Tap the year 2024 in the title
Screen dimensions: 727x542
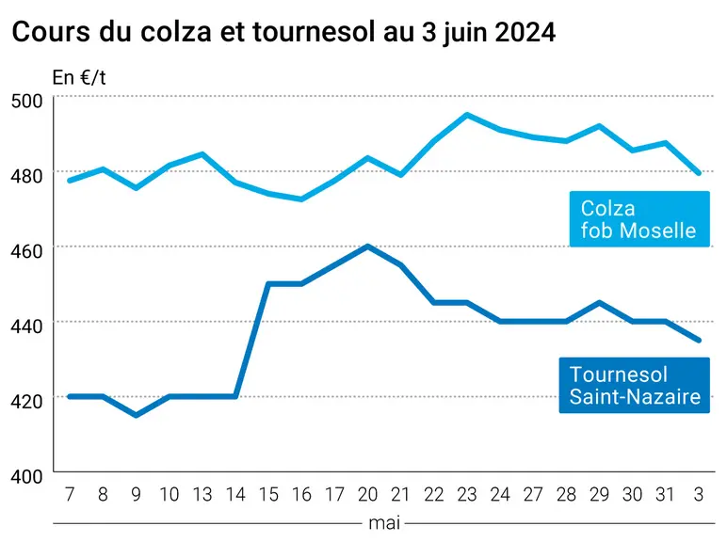tap(525, 32)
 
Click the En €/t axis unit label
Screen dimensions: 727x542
tap(79, 77)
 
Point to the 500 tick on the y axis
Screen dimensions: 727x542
tap(26, 101)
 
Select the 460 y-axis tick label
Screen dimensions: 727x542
tap(26, 250)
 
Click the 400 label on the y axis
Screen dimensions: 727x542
tap(26, 476)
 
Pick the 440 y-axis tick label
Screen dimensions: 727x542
tap(26, 326)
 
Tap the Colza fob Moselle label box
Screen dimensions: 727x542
tap(639, 218)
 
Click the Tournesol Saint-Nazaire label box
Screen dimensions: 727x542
tap(635, 385)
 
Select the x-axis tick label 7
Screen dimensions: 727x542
tap(70, 494)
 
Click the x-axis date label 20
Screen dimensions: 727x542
tap(367, 494)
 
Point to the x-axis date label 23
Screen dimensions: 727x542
tap(467, 494)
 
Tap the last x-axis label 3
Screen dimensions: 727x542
tap(699, 494)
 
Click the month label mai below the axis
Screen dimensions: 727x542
tap(384, 523)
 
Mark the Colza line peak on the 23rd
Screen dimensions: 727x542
tap(467, 115)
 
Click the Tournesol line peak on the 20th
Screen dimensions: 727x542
tap(367, 246)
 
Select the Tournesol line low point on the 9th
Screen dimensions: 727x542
tap(136, 415)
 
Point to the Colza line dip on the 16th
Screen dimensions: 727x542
tap(301, 199)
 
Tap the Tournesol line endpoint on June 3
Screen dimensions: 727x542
tap(699, 340)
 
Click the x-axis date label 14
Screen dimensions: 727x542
tap(235, 494)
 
